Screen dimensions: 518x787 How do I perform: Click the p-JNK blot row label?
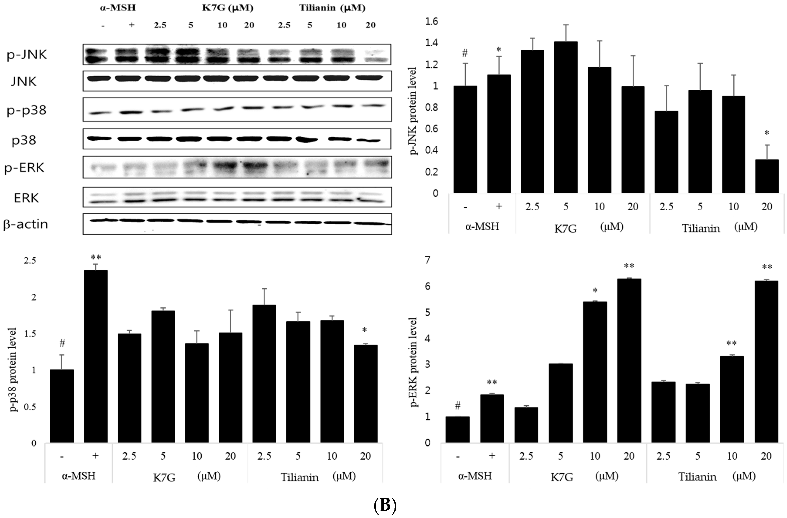point(26,55)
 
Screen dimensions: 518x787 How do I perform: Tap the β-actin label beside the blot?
point(25,224)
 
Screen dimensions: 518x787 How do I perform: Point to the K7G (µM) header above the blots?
point(227,8)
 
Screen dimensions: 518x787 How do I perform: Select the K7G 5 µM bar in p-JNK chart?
point(566,117)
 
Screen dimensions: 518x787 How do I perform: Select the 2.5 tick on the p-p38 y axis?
point(30,260)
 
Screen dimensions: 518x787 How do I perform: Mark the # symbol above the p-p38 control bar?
point(62,343)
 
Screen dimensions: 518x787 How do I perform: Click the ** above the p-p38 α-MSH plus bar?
point(96,257)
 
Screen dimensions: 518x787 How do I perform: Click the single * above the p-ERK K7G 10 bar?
point(595,291)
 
